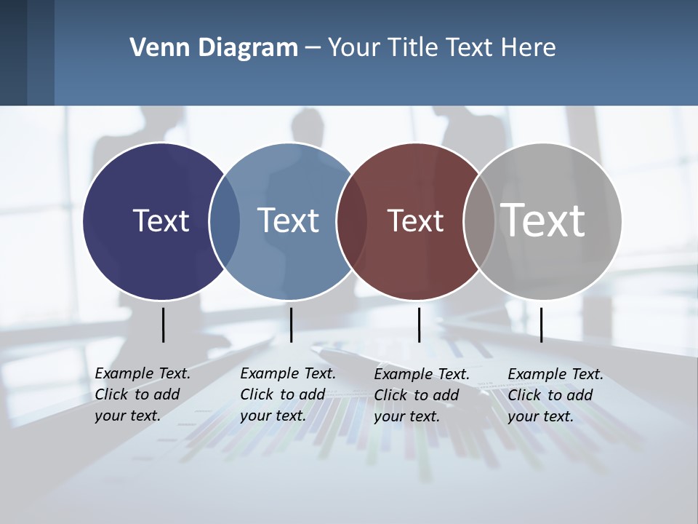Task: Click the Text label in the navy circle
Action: [161, 221]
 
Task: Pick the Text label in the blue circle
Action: [288, 221]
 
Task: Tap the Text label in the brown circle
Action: [415, 221]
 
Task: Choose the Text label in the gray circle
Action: [543, 220]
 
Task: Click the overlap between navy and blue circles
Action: [225, 221]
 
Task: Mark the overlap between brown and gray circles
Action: [478, 221]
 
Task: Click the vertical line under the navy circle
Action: [164, 325]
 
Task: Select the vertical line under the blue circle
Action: [291, 325]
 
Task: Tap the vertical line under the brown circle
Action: [419, 325]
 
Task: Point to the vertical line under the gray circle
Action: [542, 325]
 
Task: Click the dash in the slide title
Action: [313, 49]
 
